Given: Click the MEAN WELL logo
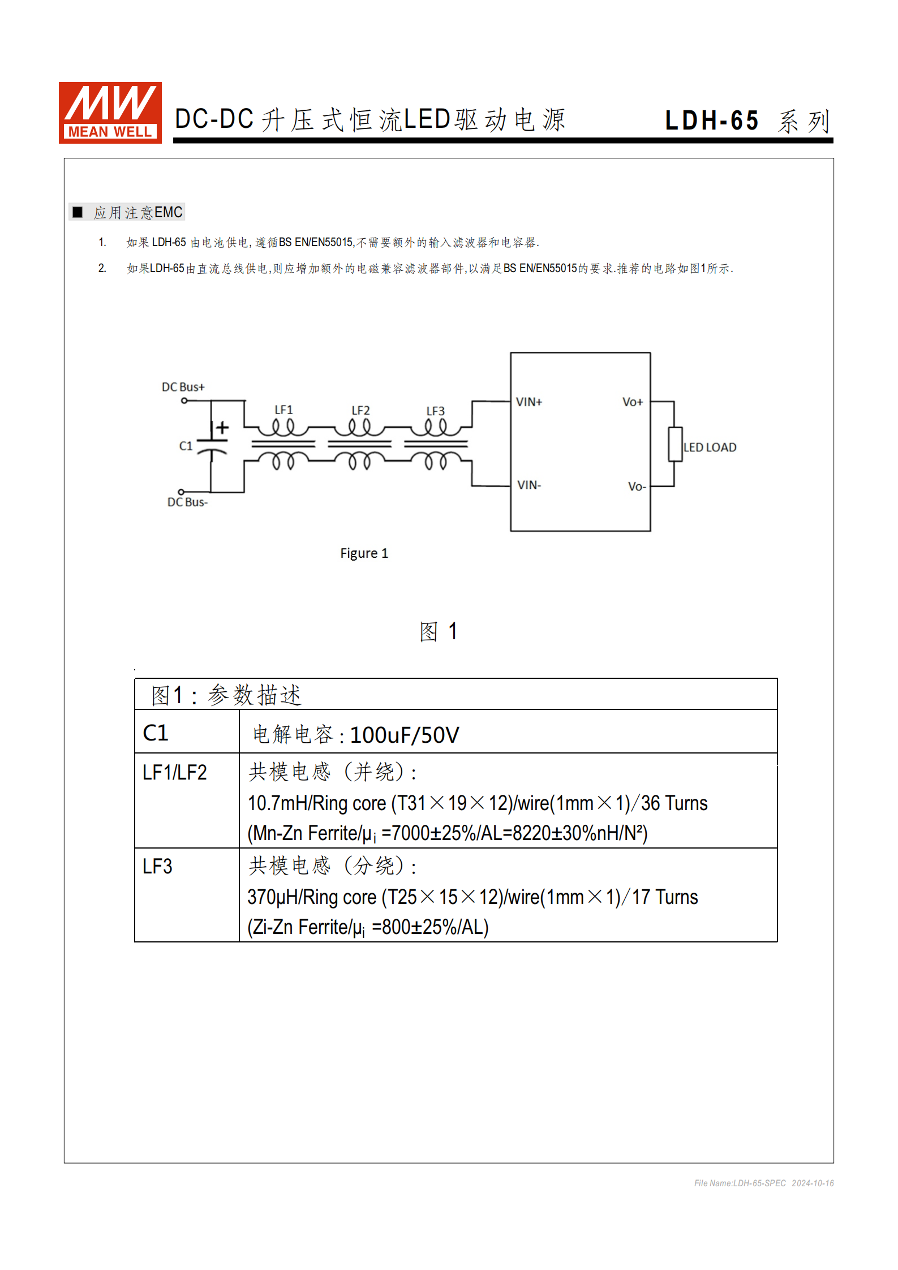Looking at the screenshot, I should coord(110,113).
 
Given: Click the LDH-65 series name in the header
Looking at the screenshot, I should coord(711,120).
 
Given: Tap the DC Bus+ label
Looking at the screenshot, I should coord(183,387).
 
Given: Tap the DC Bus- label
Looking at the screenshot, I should coord(187,502).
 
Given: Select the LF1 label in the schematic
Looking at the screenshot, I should coord(283,410).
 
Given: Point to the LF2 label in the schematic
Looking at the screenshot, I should coord(360,410).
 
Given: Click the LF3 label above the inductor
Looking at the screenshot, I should coord(435,411).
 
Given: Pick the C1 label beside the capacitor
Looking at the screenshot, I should coord(186,446).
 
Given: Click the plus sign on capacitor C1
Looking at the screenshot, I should coord(223,427).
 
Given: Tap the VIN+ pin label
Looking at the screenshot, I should coord(529,402).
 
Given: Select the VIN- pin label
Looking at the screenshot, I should coord(529,485).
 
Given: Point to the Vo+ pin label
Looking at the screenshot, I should coord(632,402).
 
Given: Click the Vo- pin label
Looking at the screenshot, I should coord(636,487).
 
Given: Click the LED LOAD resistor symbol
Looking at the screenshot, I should coord(674,445).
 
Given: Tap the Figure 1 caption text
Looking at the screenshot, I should coord(364,553).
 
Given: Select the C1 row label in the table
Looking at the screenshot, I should coord(156,733).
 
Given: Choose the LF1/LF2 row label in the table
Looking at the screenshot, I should coord(174,772).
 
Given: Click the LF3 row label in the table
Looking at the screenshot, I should coord(157,867).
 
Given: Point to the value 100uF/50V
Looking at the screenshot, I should coord(404,735).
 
